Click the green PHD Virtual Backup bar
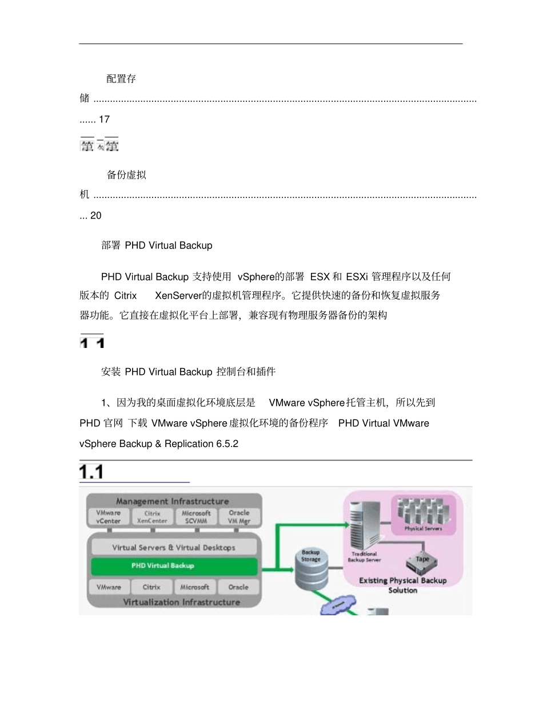(174, 566)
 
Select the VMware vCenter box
(109, 517)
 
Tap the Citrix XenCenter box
(152, 517)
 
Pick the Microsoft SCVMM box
(196, 517)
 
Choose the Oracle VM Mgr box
(239, 517)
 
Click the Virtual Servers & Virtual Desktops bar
(174, 547)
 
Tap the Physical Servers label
(423, 529)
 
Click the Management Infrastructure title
(172, 501)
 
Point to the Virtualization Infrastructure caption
(181, 602)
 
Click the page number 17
(104, 120)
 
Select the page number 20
(96, 216)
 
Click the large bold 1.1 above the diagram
(91, 472)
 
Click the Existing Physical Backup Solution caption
(402, 585)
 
